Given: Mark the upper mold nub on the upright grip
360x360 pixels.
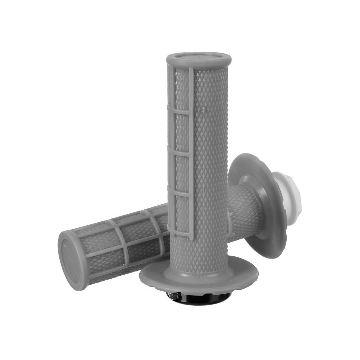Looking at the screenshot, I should pyautogui.click(x=204, y=107).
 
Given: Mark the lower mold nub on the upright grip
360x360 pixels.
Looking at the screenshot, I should pyautogui.click(x=204, y=190).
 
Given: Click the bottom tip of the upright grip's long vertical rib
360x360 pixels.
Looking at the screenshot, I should pyautogui.click(x=191, y=238).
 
